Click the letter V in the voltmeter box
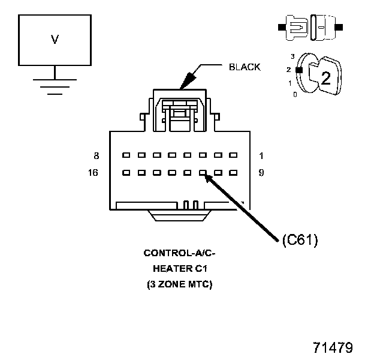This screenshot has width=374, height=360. pyautogui.click(x=55, y=40)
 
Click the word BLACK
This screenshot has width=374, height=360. pyautogui.click(x=245, y=67)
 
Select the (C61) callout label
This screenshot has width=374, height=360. pyautogui.click(x=299, y=240)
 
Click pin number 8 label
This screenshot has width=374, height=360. pyautogui.click(x=96, y=155)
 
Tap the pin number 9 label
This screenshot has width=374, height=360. pyautogui.click(x=261, y=173)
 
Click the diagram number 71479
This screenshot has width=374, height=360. pyautogui.click(x=333, y=347)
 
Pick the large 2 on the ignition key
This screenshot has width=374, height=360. pyautogui.click(x=325, y=78)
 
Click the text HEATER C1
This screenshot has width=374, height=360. pyautogui.click(x=180, y=268)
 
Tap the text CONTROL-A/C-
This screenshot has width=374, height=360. pyautogui.click(x=180, y=253)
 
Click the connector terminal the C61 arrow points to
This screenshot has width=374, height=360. pyautogui.click(x=203, y=173)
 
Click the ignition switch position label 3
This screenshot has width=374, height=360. pyautogui.click(x=292, y=56)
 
